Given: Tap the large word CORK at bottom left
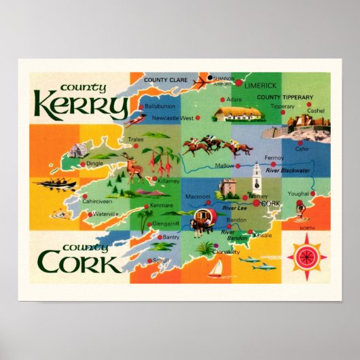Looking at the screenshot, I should click(x=79, y=262).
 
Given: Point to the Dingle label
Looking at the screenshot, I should click(x=96, y=164).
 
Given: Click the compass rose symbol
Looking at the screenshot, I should click(x=307, y=257).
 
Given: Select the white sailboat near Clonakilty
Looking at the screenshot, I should click(x=217, y=269).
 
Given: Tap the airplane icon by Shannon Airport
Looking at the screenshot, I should click(x=200, y=83).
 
